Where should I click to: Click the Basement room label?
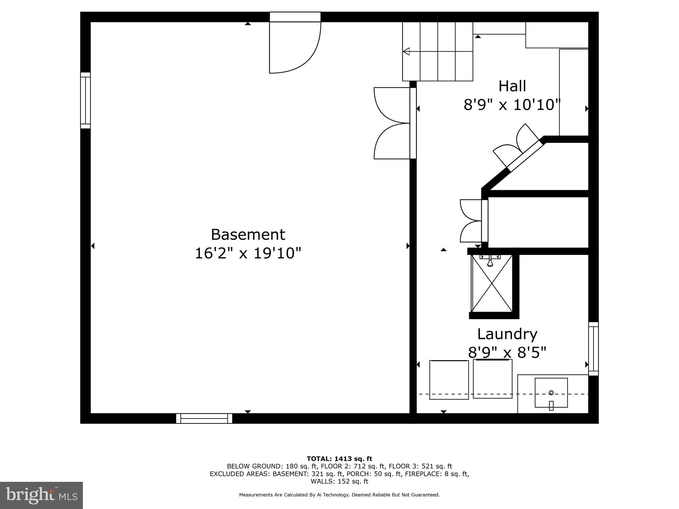248,234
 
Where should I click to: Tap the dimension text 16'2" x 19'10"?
248,254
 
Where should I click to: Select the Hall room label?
512,86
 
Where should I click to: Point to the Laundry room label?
507,334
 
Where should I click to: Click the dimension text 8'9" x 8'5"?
507,352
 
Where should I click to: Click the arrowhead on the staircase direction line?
406,52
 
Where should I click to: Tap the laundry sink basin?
551,393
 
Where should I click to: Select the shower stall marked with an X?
492,283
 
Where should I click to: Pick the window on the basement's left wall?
86,100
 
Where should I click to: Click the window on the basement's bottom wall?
204,418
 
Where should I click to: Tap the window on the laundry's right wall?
593,349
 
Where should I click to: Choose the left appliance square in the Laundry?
449,380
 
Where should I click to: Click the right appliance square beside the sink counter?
492,379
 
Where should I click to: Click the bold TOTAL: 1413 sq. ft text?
339,459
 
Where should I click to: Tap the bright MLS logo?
41,495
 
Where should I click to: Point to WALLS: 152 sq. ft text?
339,481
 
